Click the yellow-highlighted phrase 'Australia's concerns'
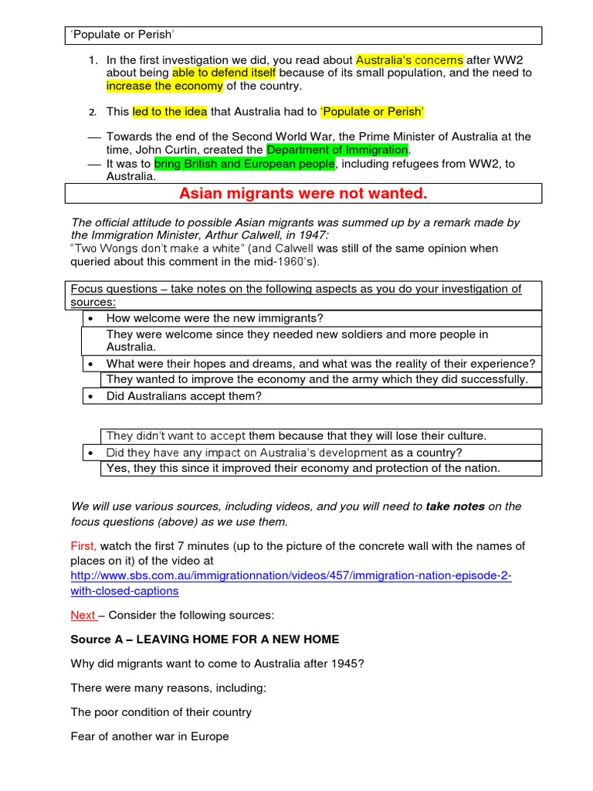[409, 59]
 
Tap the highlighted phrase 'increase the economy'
[160, 86]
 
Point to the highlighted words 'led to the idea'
[170, 111]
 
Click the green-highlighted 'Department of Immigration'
[337, 149]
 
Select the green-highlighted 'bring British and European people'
[244, 164]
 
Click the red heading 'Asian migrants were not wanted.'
[303, 192]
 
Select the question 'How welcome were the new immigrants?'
[215, 318]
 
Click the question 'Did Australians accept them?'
[184, 396]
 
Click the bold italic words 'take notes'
[455, 507]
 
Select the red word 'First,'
[84, 546]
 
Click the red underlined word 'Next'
[83, 616]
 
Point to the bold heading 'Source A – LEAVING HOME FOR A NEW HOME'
[205, 640]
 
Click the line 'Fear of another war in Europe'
[150, 736]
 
